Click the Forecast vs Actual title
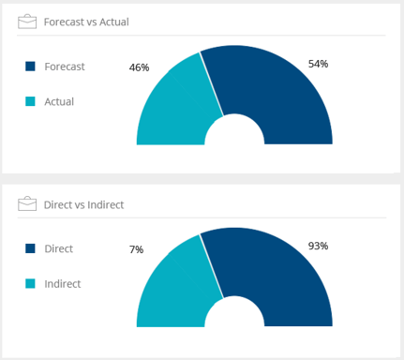click(x=86, y=22)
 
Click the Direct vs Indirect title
click(x=84, y=204)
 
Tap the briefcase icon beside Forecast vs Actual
click(x=27, y=21)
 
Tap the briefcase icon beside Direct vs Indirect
click(x=27, y=203)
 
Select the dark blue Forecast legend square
click(x=31, y=66)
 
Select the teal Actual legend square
click(x=31, y=101)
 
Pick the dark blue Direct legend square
click(x=31, y=248)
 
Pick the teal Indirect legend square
click(x=31, y=284)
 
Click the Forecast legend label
click(x=65, y=66)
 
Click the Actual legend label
click(x=59, y=101)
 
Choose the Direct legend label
click(x=59, y=248)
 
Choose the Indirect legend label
click(x=63, y=284)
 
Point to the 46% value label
click(x=139, y=67)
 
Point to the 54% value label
click(x=318, y=64)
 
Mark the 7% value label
click(x=136, y=250)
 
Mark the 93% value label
click(x=318, y=247)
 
